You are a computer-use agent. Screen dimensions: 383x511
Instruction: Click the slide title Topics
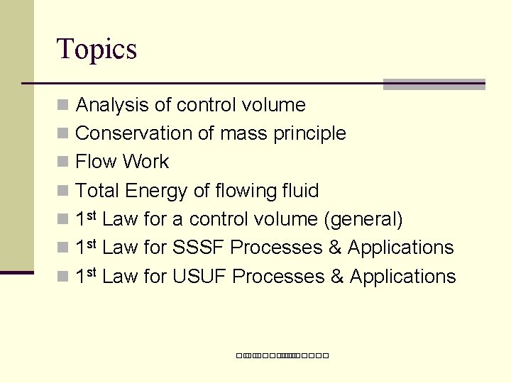[x=97, y=50]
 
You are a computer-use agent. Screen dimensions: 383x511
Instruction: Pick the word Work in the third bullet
[x=145, y=162]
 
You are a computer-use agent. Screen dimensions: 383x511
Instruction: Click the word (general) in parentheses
[x=363, y=220]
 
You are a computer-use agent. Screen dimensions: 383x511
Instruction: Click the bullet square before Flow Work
[x=62, y=162]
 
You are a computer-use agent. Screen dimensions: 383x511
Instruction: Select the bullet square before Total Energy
[x=62, y=191]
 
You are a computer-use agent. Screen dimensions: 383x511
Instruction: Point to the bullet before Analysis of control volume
[x=62, y=106]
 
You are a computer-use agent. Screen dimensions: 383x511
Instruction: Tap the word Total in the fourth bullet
[x=97, y=191]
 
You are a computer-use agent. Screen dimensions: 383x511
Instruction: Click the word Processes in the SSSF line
[x=277, y=248]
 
